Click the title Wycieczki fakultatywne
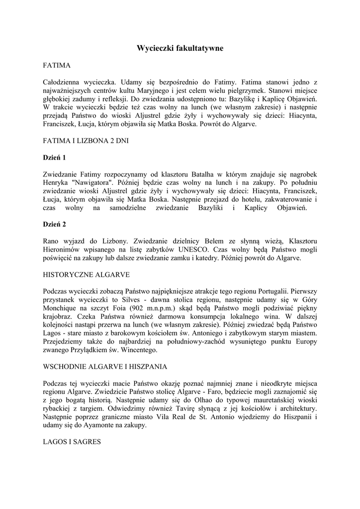pos(180,48)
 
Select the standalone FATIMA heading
pos(57,65)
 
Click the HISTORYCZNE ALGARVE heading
pos(87,274)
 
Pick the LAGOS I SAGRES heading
pos(72,441)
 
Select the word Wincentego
pos(140,350)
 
